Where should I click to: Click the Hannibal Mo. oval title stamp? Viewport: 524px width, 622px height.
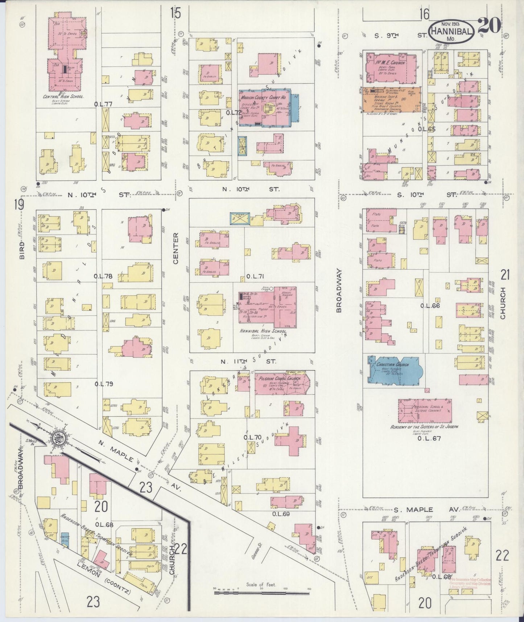(x=451, y=32)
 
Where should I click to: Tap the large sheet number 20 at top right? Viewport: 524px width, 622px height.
(x=489, y=25)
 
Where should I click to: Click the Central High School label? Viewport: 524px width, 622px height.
(x=63, y=97)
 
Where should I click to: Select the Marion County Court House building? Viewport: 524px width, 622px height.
(x=268, y=107)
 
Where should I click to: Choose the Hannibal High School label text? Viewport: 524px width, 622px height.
(x=263, y=331)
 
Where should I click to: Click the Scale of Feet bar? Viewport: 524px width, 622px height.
(x=261, y=593)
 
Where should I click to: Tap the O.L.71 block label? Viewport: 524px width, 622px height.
(x=255, y=277)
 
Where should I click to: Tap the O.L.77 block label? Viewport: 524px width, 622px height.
(x=103, y=104)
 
